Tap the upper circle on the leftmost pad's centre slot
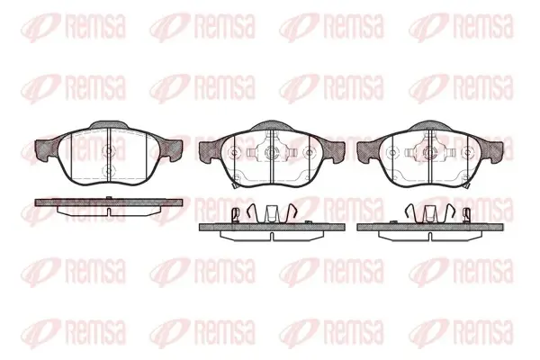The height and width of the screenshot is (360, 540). tap(109, 150)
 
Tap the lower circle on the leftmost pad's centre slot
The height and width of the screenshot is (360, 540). tap(109, 169)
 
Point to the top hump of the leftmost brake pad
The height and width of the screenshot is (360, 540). tap(109, 125)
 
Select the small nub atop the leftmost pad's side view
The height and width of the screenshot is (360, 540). tap(109, 197)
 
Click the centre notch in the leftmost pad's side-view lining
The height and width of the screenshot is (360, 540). tap(109, 211)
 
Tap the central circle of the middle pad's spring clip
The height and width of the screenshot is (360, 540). tap(272, 152)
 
